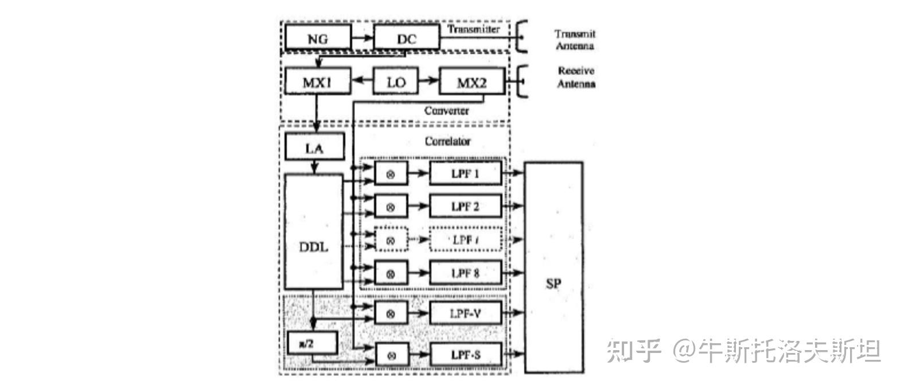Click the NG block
pyautogui.click(x=317, y=38)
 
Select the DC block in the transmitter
pyautogui.click(x=406, y=38)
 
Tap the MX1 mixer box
pyautogui.click(x=317, y=82)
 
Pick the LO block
pyautogui.click(x=396, y=82)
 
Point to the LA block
pyautogui.click(x=314, y=148)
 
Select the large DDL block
pyautogui.click(x=314, y=247)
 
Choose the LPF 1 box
pyautogui.click(x=465, y=173)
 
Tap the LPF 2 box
pyautogui.click(x=465, y=206)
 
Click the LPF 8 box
pyautogui.click(x=465, y=273)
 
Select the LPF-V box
pyautogui.click(x=465, y=313)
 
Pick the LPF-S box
pyautogui.click(x=465, y=355)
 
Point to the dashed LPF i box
pyautogui.click(x=465, y=239)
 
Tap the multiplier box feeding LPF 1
pyautogui.click(x=391, y=173)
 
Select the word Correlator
pyautogui.click(x=447, y=141)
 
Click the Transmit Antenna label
pyautogui.click(x=575, y=40)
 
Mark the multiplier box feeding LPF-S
pyautogui.click(x=391, y=355)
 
